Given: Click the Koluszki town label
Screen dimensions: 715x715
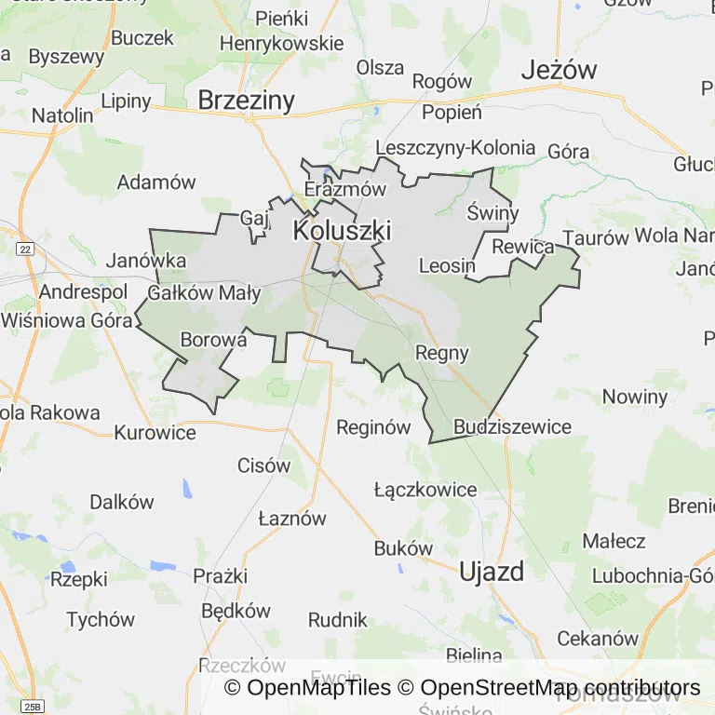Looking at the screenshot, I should click(x=342, y=230).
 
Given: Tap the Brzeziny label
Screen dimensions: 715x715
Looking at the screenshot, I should click(x=246, y=101).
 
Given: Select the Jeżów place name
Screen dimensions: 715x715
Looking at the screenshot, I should click(x=559, y=69).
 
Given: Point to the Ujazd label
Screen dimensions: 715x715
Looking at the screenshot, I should click(x=492, y=572).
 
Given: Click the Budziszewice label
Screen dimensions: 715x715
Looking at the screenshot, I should click(x=512, y=426).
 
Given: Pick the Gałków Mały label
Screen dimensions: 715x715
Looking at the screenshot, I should click(x=204, y=294).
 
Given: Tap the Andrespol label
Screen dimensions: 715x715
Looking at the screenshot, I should click(x=83, y=291).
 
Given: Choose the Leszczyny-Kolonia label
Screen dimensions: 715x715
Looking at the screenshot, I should click(x=455, y=147).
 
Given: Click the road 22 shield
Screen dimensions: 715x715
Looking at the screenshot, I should click(x=25, y=249).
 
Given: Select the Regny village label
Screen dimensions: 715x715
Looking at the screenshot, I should click(x=441, y=353).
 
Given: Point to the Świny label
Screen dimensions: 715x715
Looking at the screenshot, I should click(x=492, y=212).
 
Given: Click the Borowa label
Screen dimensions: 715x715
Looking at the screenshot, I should click(x=213, y=340).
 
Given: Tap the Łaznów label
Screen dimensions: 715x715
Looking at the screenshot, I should click(x=292, y=519).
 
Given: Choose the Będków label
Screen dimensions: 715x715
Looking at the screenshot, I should click(x=236, y=611).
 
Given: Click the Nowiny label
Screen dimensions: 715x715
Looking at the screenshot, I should click(x=635, y=396).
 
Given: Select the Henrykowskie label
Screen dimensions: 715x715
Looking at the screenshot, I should click(x=281, y=44).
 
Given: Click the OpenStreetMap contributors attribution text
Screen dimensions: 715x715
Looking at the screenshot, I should click(x=560, y=688).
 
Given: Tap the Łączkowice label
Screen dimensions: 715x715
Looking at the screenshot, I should click(x=425, y=490).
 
